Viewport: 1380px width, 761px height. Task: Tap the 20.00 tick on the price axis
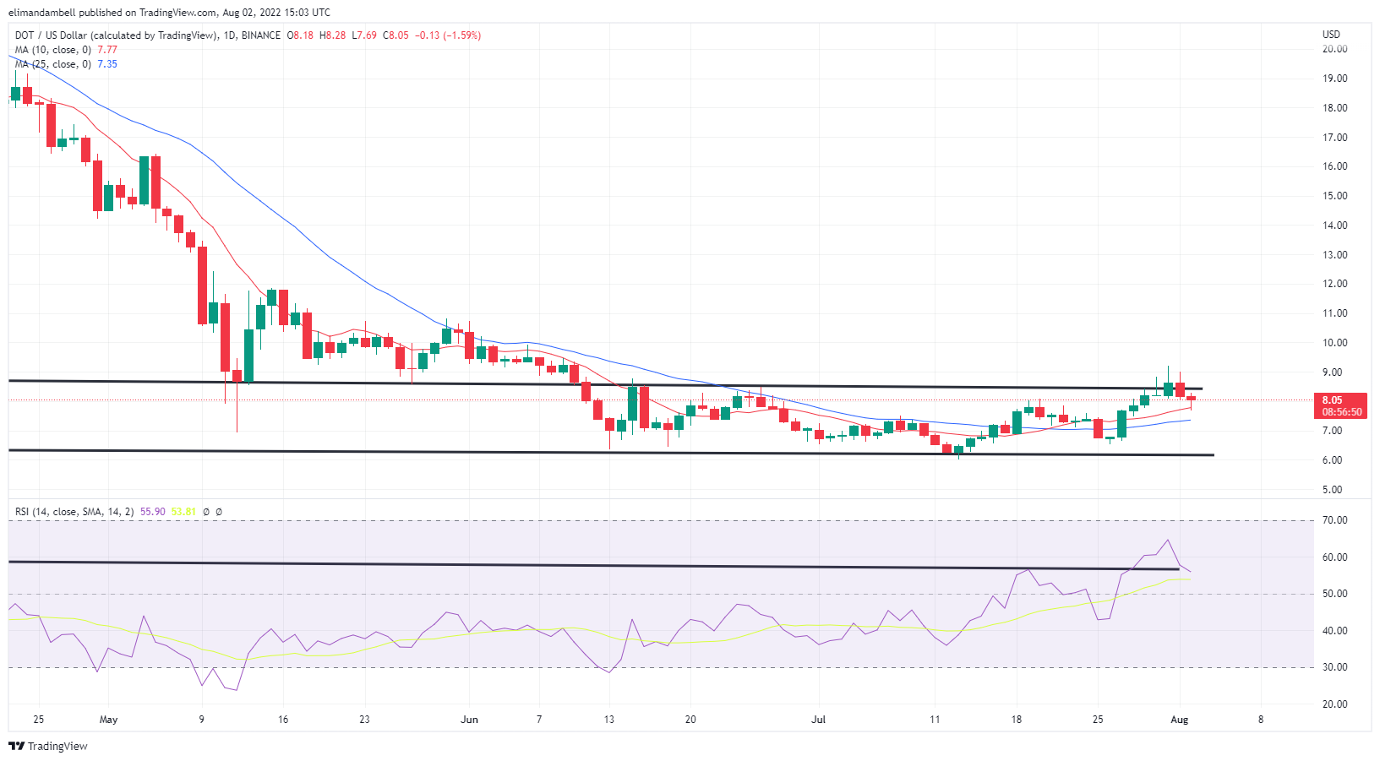pyautogui.click(x=1335, y=49)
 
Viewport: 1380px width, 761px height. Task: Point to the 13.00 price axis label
pyautogui.click(x=1335, y=255)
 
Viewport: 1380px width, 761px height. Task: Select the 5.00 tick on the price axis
pyautogui.click(x=1333, y=490)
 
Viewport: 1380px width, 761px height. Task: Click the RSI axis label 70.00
pyautogui.click(x=1335, y=520)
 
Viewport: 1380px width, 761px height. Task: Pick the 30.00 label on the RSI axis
pyautogui.click(x=1335, y=667)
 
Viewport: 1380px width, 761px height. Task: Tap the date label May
pyautogui.click(x=108, y=720)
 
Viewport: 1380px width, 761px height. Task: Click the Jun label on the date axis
pyautogui.click(x=469, y=720)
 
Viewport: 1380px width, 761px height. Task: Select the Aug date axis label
pyautogui.click(x=1180, y=720)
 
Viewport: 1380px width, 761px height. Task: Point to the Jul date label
pyautogui.click(x=818, y=720)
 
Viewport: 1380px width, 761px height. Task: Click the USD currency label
pyautogui.click(x=1331, y=35)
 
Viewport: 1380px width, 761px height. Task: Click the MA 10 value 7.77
pyautogui.click(x=107, y=50)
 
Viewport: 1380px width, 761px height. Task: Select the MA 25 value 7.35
pyautogui.click(x=107, y=64)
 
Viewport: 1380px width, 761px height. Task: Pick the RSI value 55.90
pyautogui.click(x=153, y=512)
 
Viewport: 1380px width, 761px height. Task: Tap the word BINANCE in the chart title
pyautogui.click(x=260, y=35)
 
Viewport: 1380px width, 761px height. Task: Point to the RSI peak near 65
pyautogui.click(x=1168, y=540)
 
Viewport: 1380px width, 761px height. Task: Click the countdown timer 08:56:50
pyautogui.click(x=1342, y=412)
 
